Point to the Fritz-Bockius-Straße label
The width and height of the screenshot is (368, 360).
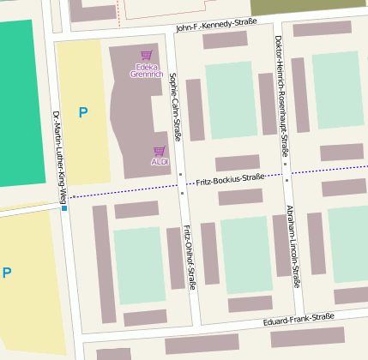[x=230, y=179]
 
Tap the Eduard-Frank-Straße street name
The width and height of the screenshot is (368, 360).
[x=299, y=319]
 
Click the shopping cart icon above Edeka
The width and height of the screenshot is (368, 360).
[x=146, y=56]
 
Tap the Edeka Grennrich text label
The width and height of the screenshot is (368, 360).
[x=146, y=69]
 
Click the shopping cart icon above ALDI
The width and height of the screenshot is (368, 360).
[x=159, y=150]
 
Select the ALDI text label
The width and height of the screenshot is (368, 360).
[x=159, y=161]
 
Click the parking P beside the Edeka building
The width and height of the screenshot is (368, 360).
[x=82, y=112]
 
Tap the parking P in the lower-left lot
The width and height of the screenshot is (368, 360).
[x=7, y=273]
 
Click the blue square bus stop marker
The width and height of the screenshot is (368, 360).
[x=63, y=207]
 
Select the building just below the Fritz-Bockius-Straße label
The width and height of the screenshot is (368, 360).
[x=240, y=197]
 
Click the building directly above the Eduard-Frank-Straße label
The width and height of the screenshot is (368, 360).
[x=250, y=303]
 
